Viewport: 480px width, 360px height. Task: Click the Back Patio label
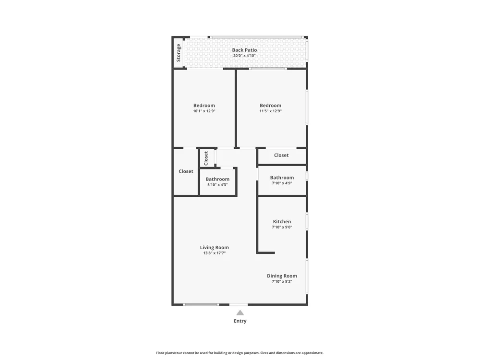[x=244, y=50]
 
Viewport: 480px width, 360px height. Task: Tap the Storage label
[x=179, y=53]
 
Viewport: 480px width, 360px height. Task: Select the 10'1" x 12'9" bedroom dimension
[x=204, y=111]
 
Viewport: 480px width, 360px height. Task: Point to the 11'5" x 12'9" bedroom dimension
[x=271, y=111]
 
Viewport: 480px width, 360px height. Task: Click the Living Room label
[x=214, y=247]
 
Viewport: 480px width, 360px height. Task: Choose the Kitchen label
[x=282, y=221]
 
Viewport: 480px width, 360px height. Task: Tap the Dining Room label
[x=282, y=276]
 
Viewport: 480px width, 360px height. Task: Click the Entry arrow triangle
[x=240, y=312]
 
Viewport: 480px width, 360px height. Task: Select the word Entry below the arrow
[x=240, y=321]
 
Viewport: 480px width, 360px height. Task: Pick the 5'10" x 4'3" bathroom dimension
[x=217, y=185]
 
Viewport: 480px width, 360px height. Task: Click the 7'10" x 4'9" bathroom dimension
[x=282, y=183]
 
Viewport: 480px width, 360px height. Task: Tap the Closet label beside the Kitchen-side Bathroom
[x=281, y=155]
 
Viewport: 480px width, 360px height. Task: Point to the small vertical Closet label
[x=206, y=158]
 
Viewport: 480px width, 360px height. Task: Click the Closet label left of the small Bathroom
[x=186, y=171]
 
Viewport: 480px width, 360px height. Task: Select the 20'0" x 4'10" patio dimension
[x=244, y=56]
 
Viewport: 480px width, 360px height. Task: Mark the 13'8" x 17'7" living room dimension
[x=214, y=253]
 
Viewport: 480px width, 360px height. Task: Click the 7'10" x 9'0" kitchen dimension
[x=282, y=227]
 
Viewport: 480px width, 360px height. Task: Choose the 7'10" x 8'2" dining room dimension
[x=282, y=282]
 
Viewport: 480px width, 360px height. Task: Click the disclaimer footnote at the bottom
[x=240, y=353]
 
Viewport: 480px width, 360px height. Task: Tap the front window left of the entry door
[x=201, y=305]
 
